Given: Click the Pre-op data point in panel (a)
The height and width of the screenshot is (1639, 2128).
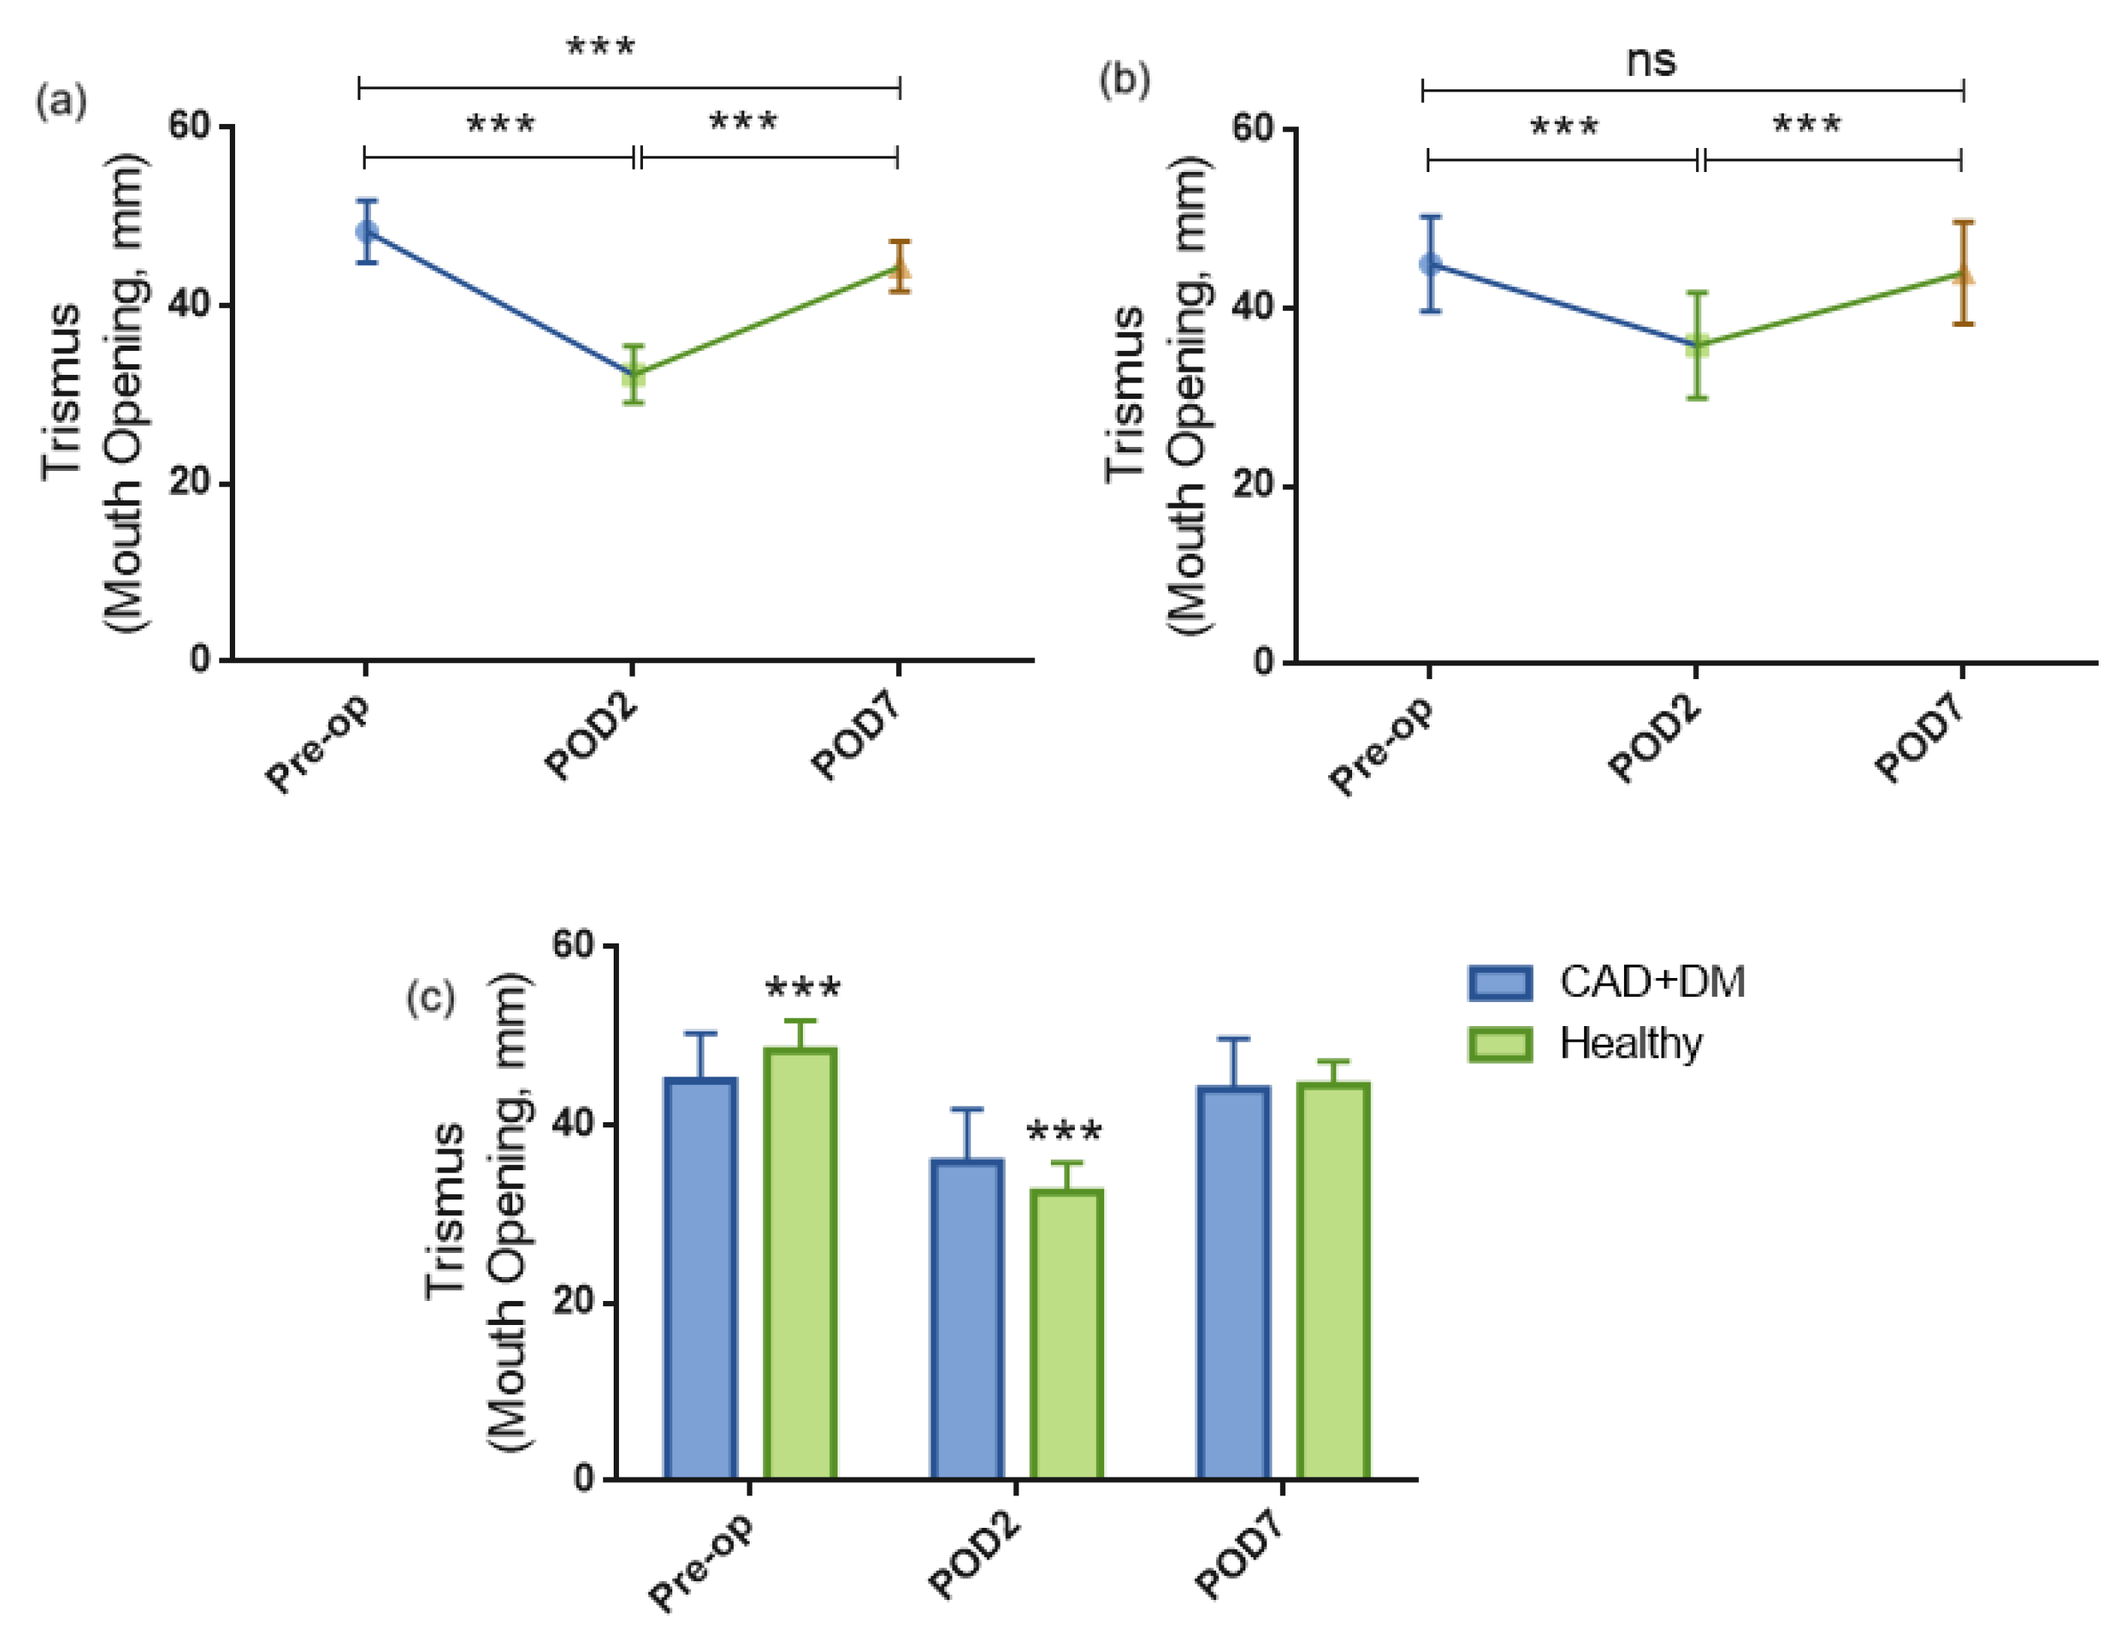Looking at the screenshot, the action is pyautogui.click(x=367, y=231).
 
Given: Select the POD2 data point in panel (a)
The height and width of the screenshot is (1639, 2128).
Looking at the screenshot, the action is pyautogui.click(x=633, y=373).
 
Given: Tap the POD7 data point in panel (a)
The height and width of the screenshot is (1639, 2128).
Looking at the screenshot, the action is pyautogui.click(x=899, y=268).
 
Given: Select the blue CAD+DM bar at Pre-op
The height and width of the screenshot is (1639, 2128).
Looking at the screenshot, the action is pyautogui.click(x=701, y=1278).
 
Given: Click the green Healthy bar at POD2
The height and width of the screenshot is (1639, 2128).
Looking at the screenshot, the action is pyautogui.click(x=1067, y=1334).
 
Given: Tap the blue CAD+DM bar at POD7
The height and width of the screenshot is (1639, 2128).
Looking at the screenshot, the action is pyautogui.click(x=1233, y=1282).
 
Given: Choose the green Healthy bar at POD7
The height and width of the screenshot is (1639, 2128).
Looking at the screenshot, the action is pyautogui.click(x=1333, y=1281).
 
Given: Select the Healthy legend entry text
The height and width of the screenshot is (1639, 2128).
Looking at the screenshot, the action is pyautogui.click(x=1631, y=1043).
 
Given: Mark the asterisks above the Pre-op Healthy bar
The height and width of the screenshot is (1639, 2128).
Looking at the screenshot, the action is pyautogui.click(x=803, y=988).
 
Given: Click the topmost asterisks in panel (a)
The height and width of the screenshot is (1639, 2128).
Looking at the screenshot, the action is pyautogui.click(x=601, y=46).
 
